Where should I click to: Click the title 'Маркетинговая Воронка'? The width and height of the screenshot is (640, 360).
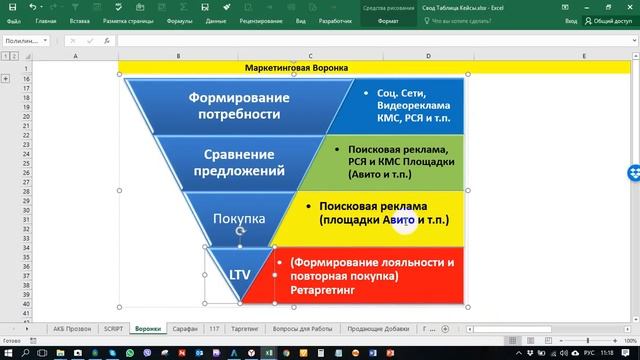(296, 68)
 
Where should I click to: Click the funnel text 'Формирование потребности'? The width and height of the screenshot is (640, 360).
(239, 105)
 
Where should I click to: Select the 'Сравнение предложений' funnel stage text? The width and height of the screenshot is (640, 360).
(239, 162)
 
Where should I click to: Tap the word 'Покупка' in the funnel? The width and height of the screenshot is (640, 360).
(239, 217)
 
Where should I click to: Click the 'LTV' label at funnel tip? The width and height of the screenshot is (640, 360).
(240, 273)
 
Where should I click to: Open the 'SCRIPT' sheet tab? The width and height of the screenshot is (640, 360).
(113, 327)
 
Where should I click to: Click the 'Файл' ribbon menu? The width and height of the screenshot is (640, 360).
(13, 20)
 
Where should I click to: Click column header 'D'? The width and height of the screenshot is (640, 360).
(428, 57)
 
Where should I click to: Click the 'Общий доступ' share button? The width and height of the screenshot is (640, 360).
(604, 20)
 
